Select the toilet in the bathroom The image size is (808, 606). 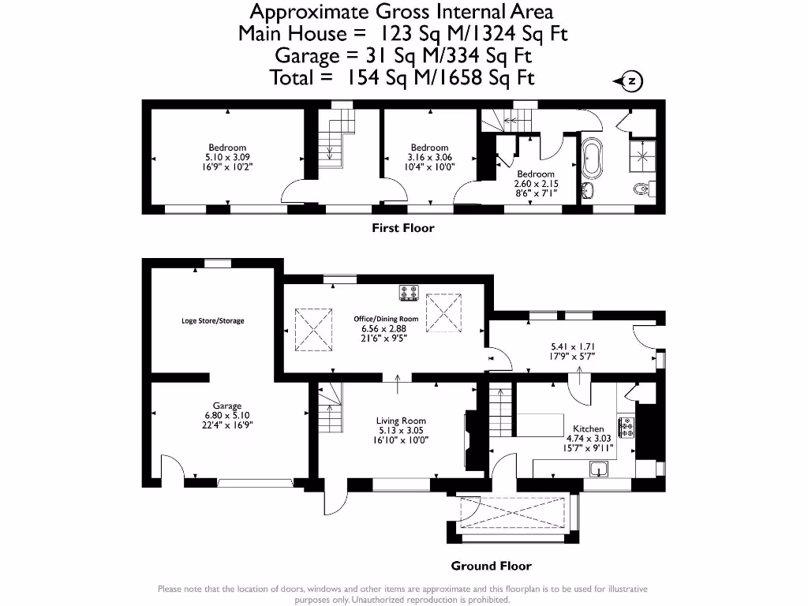(643, 189)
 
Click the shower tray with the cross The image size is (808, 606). (642, 155)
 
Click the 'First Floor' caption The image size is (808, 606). (402, 228)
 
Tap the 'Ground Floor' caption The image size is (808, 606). (491, 566)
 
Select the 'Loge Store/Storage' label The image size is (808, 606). (212, 321)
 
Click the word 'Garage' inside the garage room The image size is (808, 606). (226, 406)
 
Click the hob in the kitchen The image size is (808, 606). (627, 427)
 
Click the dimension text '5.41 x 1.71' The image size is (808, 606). (572, 346)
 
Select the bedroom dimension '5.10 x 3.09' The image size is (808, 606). (227, 157)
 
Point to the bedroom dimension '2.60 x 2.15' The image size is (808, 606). (536, 183)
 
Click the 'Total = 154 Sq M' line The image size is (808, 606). (402, 77)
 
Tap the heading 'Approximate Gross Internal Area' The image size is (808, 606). (402, 11)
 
